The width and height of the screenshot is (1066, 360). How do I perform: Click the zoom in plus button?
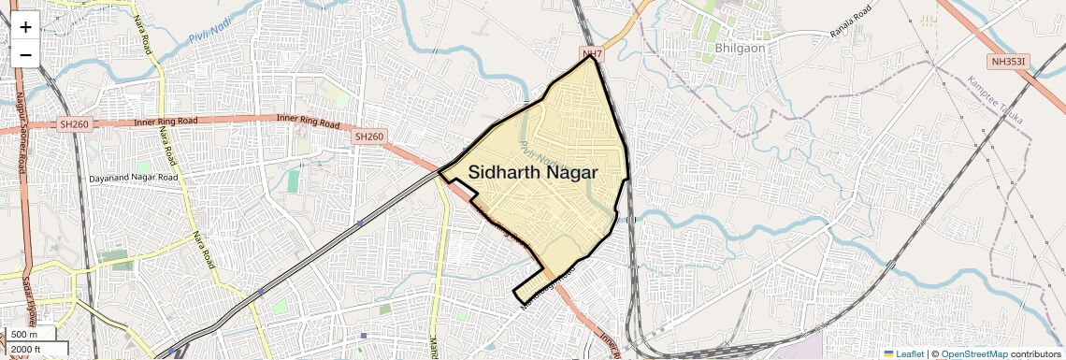[x=25, y=26]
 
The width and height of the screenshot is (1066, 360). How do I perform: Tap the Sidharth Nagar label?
[x=533, y=172]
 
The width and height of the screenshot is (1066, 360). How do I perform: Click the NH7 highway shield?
[x=591, y=55]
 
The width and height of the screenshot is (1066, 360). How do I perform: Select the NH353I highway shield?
[x=1011, y=62]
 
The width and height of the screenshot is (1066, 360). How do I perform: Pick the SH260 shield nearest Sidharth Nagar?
[x=368, y=137]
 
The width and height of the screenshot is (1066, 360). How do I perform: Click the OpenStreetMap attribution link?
[x=973, y=353]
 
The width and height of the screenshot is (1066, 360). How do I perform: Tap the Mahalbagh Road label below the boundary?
[x=545, y=286]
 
